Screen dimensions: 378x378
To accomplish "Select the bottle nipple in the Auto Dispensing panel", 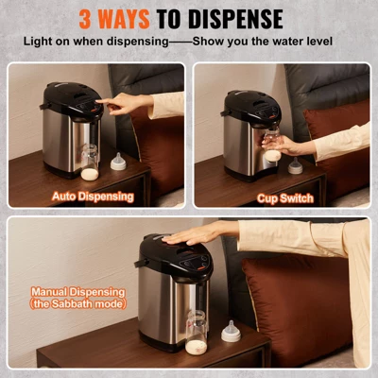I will tap(118, 162).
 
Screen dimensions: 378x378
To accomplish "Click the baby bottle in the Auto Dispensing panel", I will tap(91, 161).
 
